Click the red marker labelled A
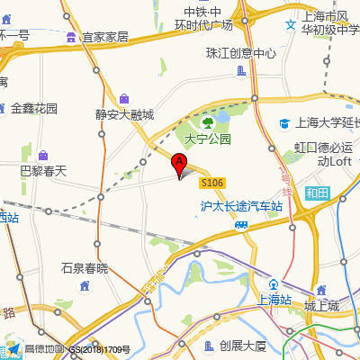[179, 166]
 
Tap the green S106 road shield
[211, 183]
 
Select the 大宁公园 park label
[208, 139]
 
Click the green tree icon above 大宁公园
[208, 121]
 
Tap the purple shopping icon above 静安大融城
[123, 98]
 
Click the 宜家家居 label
[105, 37]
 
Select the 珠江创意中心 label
[240, 53]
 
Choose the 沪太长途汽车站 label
[241, 206]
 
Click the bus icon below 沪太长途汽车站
[241, 224]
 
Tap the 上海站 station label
[274, 300]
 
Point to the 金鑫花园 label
[34, 108]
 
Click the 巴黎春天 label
[43, 170]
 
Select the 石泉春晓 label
[84, 268]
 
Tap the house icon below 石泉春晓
[85, 285]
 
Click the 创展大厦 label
[243, 346]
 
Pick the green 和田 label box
[317, 193]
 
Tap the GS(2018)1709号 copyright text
[100, 349]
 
